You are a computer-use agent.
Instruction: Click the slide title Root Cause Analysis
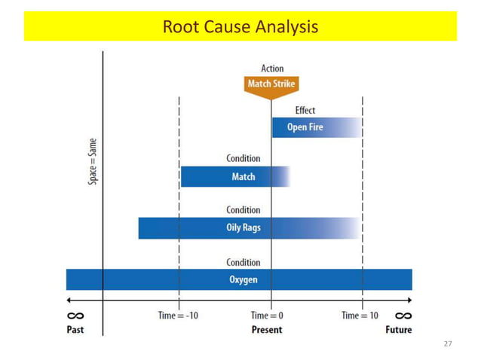tap(240, 27)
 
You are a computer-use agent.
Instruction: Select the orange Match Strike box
tap(271, 84)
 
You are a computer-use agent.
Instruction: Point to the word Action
tap(272, 69)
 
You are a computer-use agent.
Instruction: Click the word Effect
tap(305, 110)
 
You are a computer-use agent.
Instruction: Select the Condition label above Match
tap(244, 159)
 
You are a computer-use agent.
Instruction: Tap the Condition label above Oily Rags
tap(244, 210)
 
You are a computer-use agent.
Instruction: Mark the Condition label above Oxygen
tap(244, 262)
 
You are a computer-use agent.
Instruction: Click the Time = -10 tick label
tap(179, 316)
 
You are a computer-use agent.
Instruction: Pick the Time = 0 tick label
tap(268, 316)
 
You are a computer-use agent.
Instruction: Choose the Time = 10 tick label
tap(360, 316)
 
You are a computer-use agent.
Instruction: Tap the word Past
tap(77, 330)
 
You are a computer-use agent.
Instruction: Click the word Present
tap(267, 330)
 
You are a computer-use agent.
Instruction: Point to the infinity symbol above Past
tap(77, 316)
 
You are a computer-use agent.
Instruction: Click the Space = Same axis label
tap(93, 160)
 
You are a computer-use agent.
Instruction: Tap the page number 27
tap(448, 344)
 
